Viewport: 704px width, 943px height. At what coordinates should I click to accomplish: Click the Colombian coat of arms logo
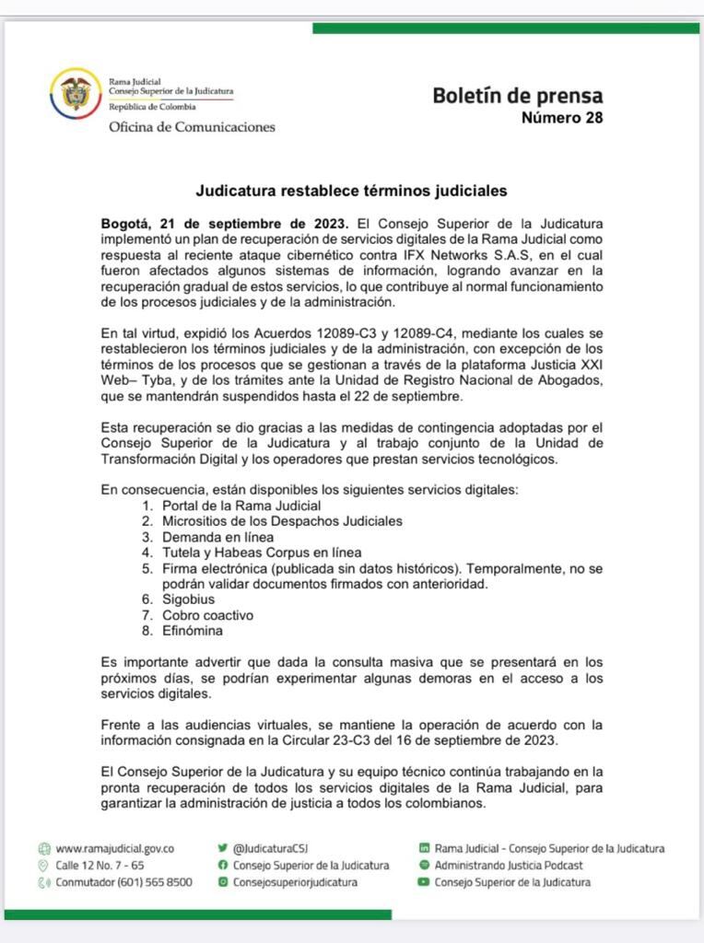[76, 94]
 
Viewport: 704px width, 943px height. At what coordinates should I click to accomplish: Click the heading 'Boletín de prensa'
[518, 96]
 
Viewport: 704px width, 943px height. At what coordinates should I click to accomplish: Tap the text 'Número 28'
[562, 118]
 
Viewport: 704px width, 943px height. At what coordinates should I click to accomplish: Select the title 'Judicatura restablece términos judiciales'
[352, 192]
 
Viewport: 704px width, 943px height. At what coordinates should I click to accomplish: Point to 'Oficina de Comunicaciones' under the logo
[192, 127]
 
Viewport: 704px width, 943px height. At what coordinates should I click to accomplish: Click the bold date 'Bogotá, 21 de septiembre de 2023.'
[225, 224]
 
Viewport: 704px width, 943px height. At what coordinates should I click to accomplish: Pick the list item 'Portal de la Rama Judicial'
[241, 506]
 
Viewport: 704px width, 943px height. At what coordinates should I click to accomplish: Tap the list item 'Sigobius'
[189, 600]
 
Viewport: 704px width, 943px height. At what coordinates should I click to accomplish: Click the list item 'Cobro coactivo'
[207, 615]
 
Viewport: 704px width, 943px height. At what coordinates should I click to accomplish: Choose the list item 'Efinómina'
[193, 631]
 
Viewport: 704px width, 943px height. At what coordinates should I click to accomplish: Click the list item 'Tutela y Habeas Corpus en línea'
[262, 553]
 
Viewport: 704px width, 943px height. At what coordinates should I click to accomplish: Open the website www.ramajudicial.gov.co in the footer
[115, 848]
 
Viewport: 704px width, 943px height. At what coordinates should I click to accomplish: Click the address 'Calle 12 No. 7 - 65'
[100, 865]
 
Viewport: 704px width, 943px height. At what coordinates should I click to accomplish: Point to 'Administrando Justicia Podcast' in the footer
[509, 865]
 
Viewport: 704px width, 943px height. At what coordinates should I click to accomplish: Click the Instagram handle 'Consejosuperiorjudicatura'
[295, 881]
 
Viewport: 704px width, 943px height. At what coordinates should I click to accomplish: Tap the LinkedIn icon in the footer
[424, 848]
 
